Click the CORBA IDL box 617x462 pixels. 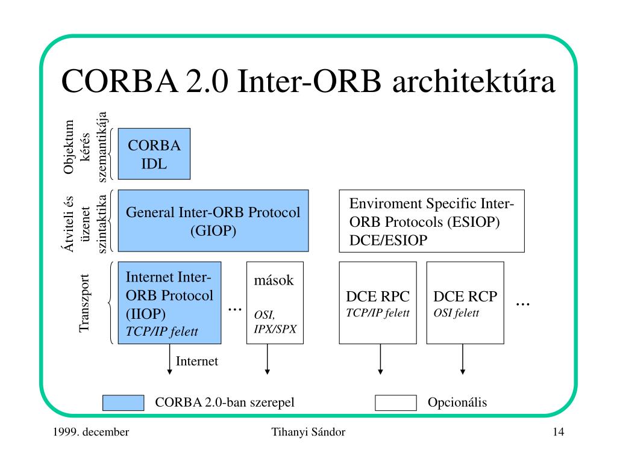coord(154,154)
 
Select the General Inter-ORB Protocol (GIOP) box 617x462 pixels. coord(213,221)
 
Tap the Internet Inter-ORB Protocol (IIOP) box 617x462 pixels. coord(169,303)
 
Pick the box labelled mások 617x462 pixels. coord(275,303)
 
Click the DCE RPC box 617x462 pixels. coord(378,303)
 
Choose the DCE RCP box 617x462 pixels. coord(465,303)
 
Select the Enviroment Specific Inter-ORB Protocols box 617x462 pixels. coord(431,221)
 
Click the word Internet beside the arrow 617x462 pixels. coord(197,361)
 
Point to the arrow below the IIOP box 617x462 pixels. coord(169,359)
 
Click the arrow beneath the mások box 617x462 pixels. coord(268,359)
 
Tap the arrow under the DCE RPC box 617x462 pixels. coord(381,359)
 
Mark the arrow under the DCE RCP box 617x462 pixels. coord(463,359)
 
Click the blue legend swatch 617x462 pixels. coord(123,402)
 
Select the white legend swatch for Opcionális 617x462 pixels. coord(396,402)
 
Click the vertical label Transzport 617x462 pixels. coord(84,303)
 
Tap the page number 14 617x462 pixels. coord(559,432)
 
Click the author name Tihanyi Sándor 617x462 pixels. coord(308,432)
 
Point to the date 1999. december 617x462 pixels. coord(91,432)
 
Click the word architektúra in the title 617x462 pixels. coord(474,81)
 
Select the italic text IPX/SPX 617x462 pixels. coord(275,329)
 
